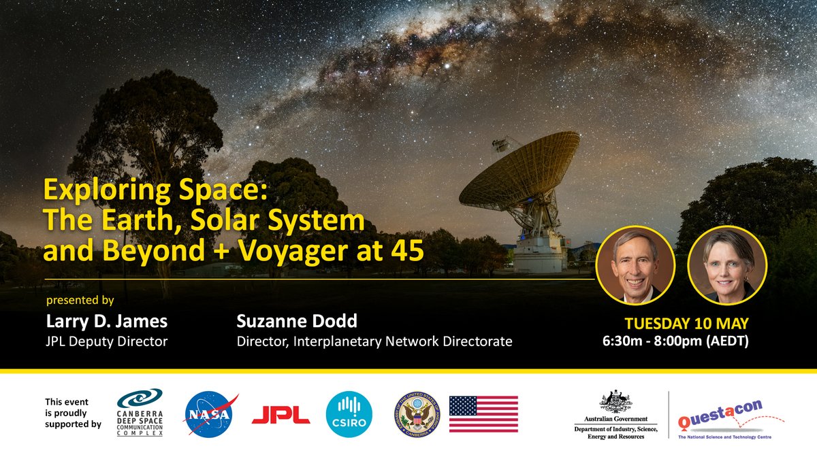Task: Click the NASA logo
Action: pos(210,413)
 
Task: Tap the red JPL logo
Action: pos(281,413)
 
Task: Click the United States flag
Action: pos(483,414)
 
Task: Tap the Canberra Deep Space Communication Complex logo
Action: pos(140,412)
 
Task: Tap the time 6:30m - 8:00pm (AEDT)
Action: pos(675,341)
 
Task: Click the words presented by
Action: pos(80,299)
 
